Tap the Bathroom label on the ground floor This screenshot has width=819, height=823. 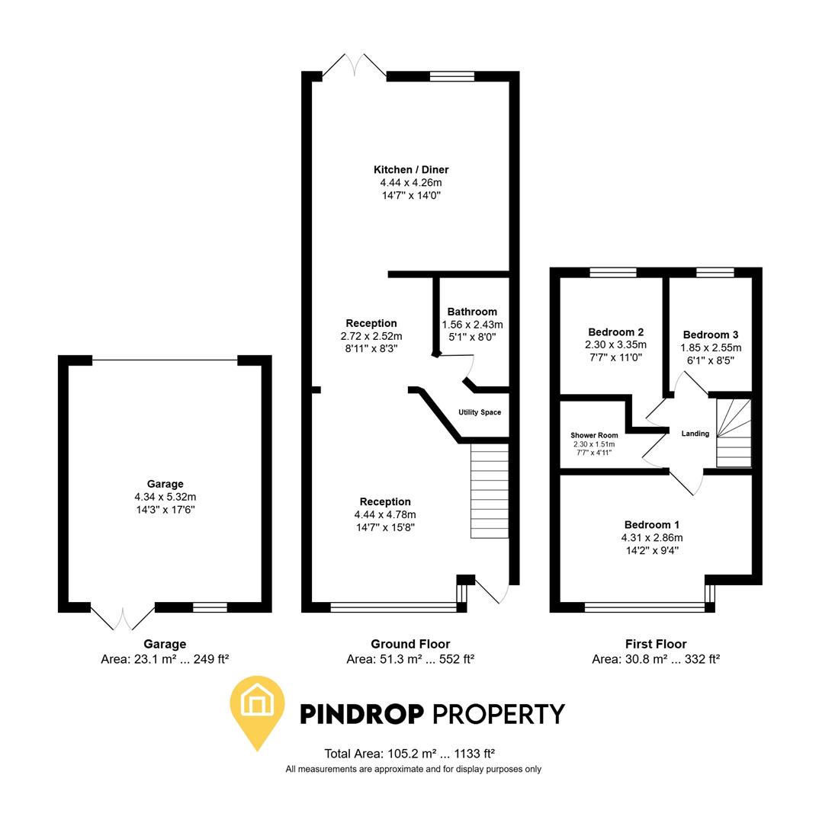[x=472, y=312]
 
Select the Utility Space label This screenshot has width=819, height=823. [x=480, y=412]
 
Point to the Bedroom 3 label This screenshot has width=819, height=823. [x=710, y=335]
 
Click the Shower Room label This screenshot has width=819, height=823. [x=594, y=436]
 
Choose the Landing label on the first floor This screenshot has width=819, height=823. [x=695, y=434]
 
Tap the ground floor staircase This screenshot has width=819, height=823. [x=489, y=491]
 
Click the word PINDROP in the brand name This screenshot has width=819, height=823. [x=361, y=714]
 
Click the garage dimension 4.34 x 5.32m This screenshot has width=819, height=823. [x=165, y=497]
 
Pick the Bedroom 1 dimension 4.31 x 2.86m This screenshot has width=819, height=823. [x=651, y=537]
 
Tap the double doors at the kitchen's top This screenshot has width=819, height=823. [x=355, y=66]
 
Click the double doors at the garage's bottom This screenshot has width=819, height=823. [x=123, y=616]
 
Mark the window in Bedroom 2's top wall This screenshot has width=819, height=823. [x=613, y=272]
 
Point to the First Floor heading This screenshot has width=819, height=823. [x=655, y=644]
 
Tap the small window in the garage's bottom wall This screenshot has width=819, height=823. [x=210, y=607]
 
